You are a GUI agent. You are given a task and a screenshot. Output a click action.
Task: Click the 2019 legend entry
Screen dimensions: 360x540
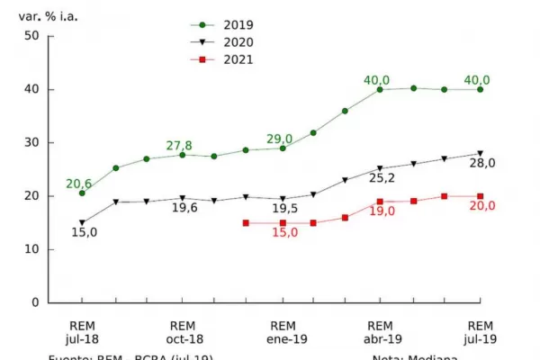pos(225,25)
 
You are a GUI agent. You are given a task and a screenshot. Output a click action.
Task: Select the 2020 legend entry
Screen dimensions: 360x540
pos(225,42)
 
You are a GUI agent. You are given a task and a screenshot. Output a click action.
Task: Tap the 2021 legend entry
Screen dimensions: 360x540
pos(225,59)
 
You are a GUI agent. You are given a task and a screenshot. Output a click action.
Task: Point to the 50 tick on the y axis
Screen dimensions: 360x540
pos(31,36)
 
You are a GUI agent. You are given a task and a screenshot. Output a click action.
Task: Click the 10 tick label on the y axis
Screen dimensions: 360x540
pos(31,249)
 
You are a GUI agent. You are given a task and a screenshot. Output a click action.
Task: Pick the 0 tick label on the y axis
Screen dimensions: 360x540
pos(35,302)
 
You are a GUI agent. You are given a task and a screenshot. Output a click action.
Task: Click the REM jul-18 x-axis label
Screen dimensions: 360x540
pos(82,331)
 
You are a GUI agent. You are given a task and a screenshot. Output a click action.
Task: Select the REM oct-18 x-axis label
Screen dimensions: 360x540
pos(182,331)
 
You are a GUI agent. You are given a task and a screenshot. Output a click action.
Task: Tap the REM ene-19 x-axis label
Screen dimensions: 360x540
pos(283,331)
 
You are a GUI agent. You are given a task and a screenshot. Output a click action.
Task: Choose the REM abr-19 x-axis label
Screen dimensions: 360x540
pos(380,331)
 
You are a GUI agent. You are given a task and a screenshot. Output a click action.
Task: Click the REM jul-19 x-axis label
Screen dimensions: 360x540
pos(481,331)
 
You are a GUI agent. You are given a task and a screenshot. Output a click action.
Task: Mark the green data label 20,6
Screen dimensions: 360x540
pos(79,184)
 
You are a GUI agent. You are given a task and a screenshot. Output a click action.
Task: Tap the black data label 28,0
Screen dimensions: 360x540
pos(481,163)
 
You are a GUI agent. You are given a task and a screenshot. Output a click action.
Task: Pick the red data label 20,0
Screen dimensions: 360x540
pos(481,206)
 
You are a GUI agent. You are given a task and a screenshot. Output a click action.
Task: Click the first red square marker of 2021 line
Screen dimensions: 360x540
pos(246,223)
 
